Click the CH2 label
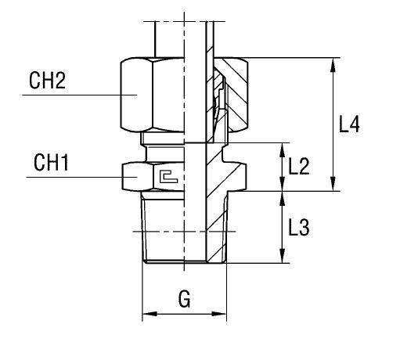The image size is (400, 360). (47, 81)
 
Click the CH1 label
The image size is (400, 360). (51, 163)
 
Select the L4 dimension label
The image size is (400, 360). (349, 124)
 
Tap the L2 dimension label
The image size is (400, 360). (299, 166)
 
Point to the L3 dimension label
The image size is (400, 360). (299, 227)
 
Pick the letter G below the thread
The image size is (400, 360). (185, 299)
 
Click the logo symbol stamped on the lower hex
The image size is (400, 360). (168, 177)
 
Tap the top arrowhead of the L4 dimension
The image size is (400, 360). (333, 65)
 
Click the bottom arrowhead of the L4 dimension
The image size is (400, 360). (333, 184)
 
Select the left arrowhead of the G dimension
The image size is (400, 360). (150, 314)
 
